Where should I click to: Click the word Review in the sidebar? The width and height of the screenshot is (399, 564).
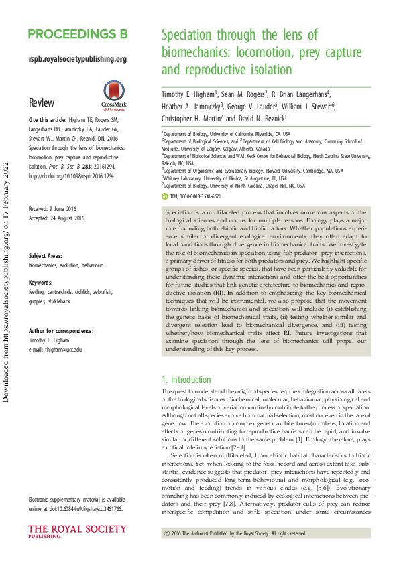[x=41, y=103]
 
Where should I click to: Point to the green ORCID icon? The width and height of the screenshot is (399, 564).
[x=164, y=198]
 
